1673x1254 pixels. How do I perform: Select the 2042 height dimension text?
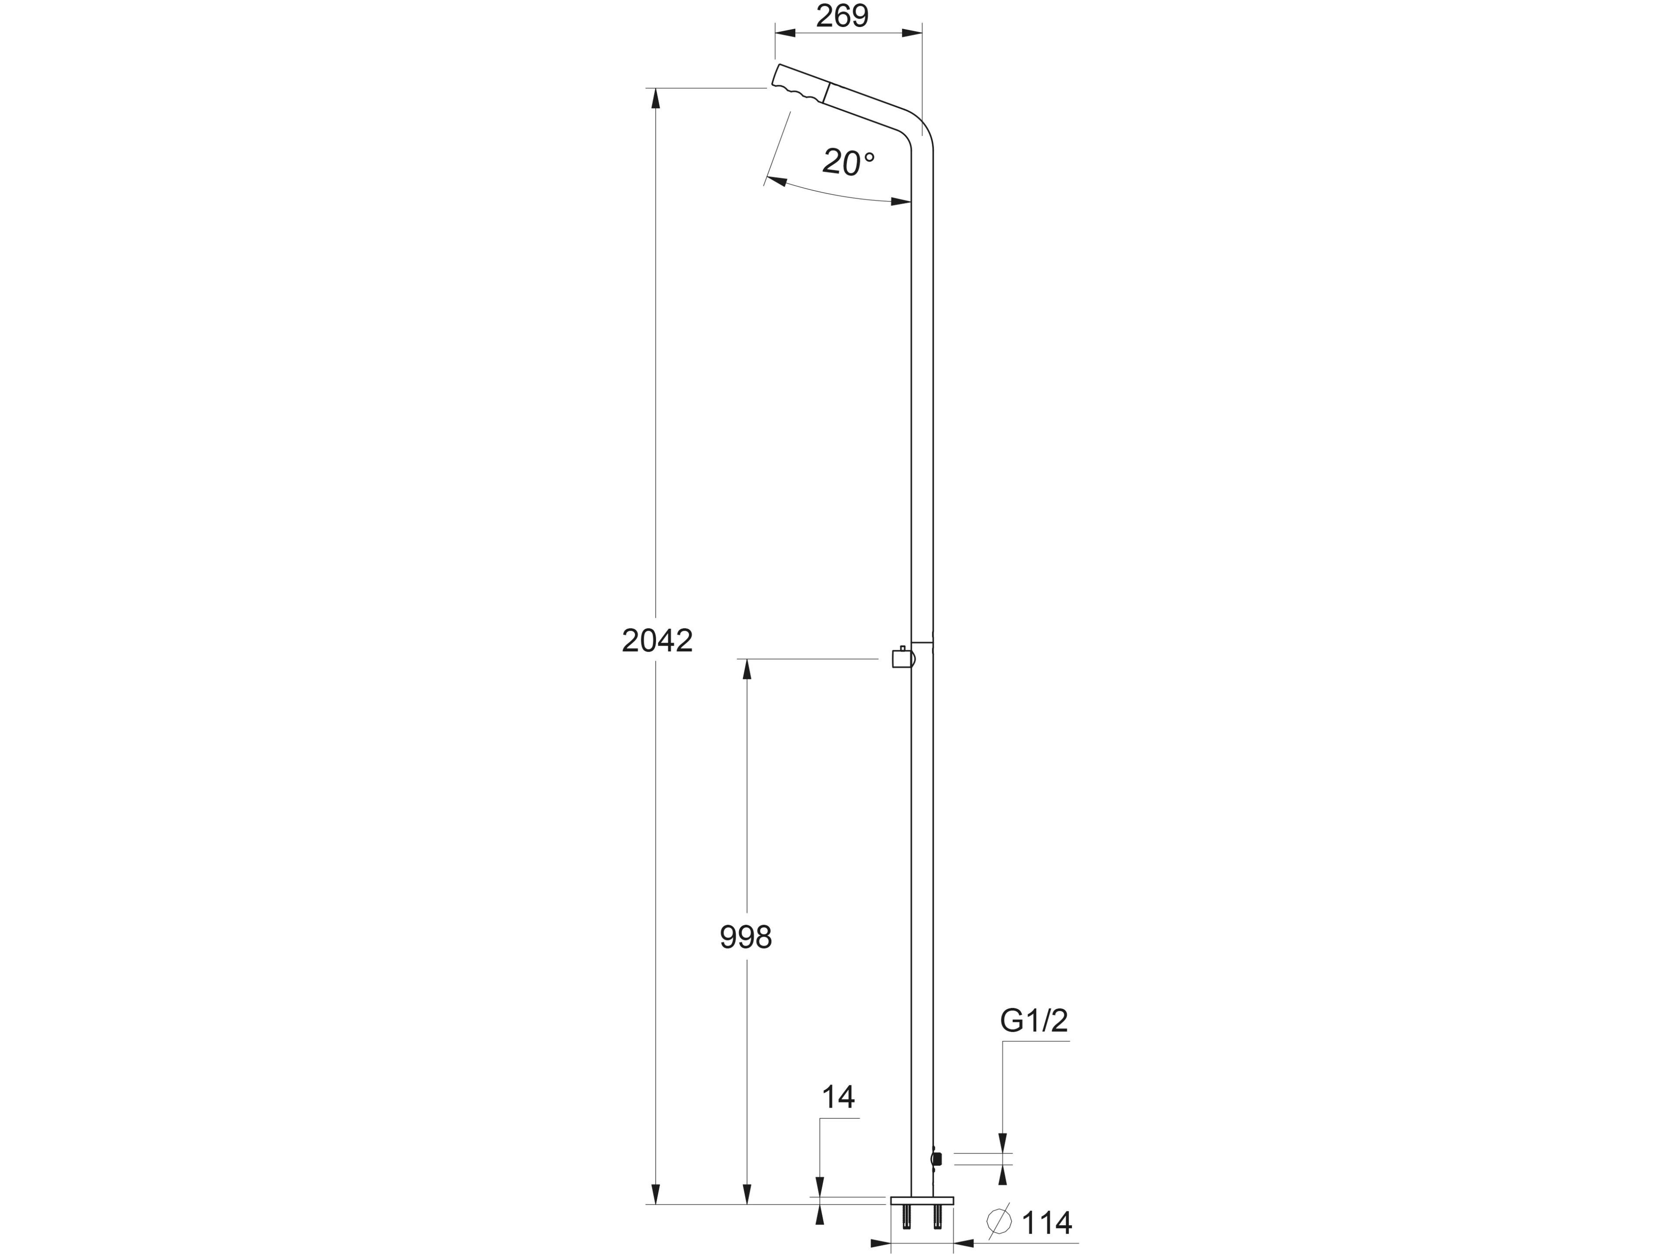point(657,641)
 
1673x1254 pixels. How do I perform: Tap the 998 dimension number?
point(746,938)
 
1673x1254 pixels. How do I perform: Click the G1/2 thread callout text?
point(1034,1021)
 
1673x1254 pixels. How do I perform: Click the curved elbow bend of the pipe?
point(919,132)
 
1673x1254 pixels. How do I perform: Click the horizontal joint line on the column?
point(922,643)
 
